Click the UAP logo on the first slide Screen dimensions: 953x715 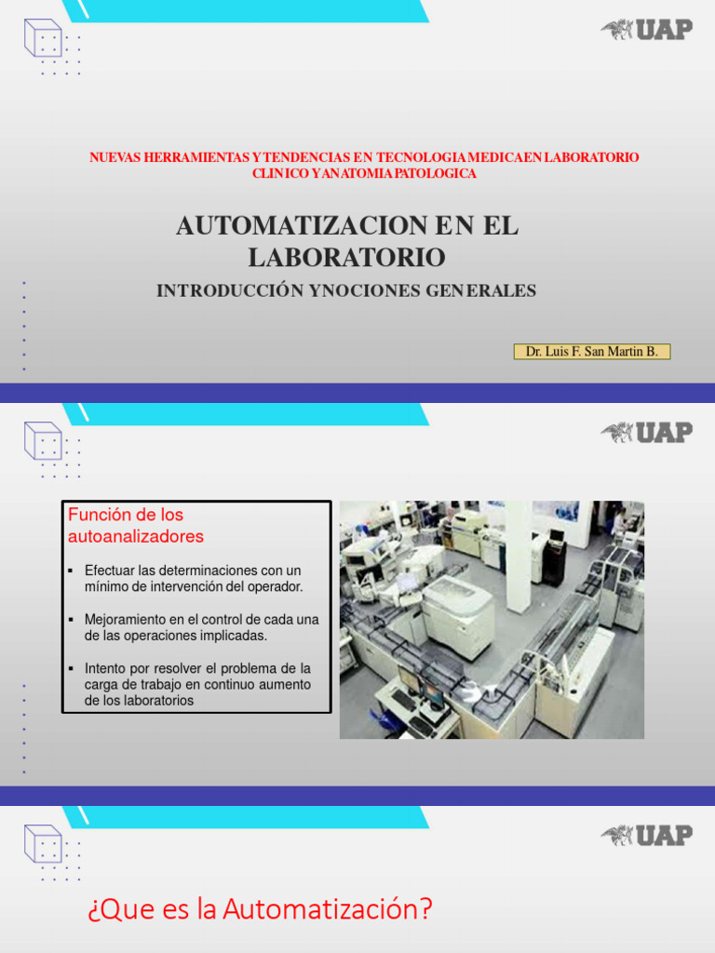click(646, 30)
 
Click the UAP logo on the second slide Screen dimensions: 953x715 click(646, 432)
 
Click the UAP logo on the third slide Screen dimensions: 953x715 click(646, 835)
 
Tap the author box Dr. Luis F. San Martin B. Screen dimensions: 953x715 click(591, 352)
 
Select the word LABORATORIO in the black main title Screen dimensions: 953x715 click(346, 257)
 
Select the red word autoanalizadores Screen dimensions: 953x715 click(136, 537)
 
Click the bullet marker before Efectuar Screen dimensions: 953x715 click(72, 570)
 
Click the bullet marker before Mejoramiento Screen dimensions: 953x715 click(72, 619)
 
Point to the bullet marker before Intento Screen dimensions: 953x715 click(72, 668)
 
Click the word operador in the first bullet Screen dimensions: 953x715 click(276, 586)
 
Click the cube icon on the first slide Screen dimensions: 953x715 click(43, 38)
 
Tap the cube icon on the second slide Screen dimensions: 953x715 click(43, 440)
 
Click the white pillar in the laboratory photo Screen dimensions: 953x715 click(519, 549)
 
